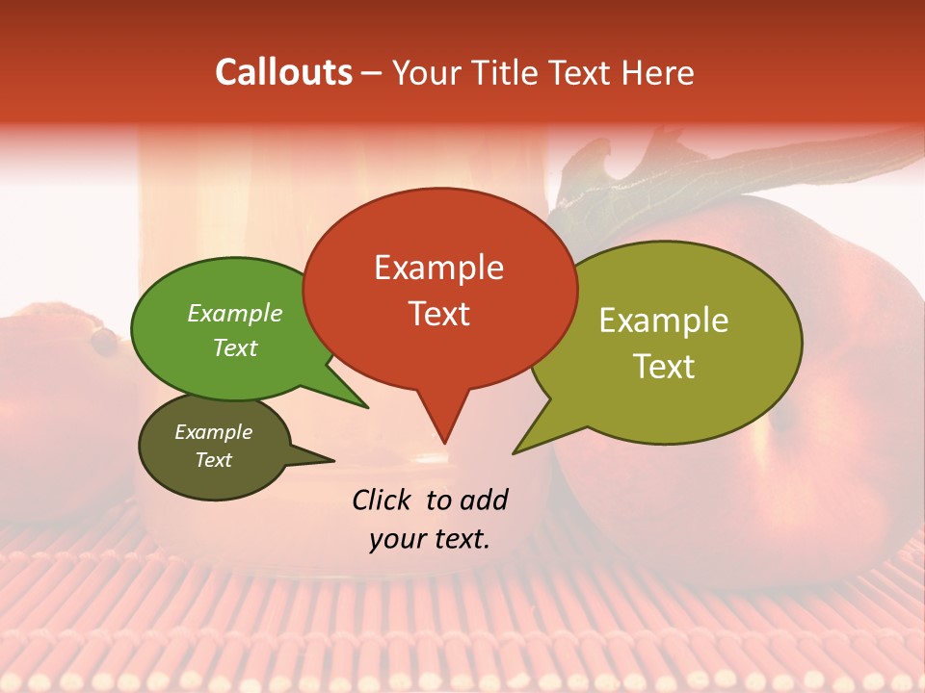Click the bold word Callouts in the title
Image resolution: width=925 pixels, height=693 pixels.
tap(283, 72)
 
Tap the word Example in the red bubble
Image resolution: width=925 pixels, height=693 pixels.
tap(438, 268)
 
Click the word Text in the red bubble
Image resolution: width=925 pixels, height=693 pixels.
tap(438, 314)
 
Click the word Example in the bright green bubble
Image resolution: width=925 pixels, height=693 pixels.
tap(234, 314)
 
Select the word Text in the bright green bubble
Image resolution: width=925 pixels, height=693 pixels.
tap(234, 347)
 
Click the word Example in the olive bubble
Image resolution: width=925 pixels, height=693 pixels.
tap(664, 321)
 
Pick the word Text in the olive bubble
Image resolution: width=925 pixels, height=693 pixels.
tap(664, 367)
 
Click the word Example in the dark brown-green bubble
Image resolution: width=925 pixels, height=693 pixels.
tap(213, 432)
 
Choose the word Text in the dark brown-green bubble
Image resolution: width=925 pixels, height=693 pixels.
tap(213, 460)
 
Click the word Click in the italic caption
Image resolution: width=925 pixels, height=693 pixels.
tap(383, 500)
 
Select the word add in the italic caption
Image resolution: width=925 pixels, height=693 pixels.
tap(483, 500)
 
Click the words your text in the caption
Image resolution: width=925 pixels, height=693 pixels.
tap(429, 539)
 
